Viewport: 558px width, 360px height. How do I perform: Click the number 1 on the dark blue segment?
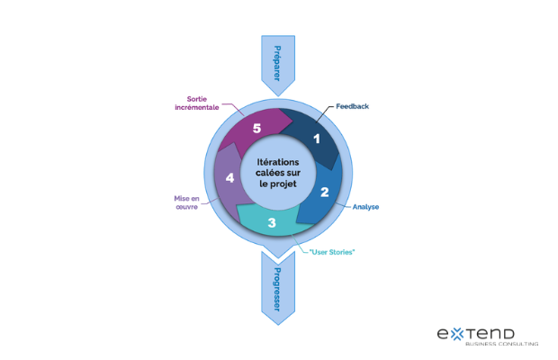coord(316,139)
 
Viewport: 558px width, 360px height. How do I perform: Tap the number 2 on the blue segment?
coord(325,191)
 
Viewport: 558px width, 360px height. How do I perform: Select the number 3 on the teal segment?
coord(271,221)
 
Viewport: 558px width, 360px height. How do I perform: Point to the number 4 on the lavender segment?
coord(229,178)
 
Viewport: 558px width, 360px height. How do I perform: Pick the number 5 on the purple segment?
coord(256,129)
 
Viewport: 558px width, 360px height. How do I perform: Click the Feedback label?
coord(352,106)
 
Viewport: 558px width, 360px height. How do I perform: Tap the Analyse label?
coord(366,206)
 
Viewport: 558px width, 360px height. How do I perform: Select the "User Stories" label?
coord(332,251)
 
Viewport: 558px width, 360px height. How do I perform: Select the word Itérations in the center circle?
coord(278,161)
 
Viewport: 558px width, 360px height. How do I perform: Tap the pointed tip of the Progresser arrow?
coord(276,322)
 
